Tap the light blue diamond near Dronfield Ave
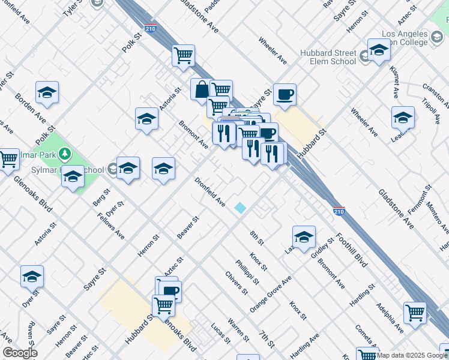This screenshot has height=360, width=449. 240,208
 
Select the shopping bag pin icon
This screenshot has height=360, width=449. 200,89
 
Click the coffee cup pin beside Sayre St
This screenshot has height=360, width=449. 285,94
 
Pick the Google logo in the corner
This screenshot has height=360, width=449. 19,353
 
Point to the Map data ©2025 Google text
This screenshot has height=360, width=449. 412,355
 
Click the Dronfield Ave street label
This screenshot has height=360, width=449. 209,192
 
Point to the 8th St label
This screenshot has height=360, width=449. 257,238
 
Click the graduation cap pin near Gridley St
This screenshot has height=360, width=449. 304,237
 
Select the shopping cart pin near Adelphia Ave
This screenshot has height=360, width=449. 415,313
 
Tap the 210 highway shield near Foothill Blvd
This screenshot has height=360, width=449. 339,211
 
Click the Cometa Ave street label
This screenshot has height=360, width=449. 367,336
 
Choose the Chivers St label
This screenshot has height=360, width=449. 237,283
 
